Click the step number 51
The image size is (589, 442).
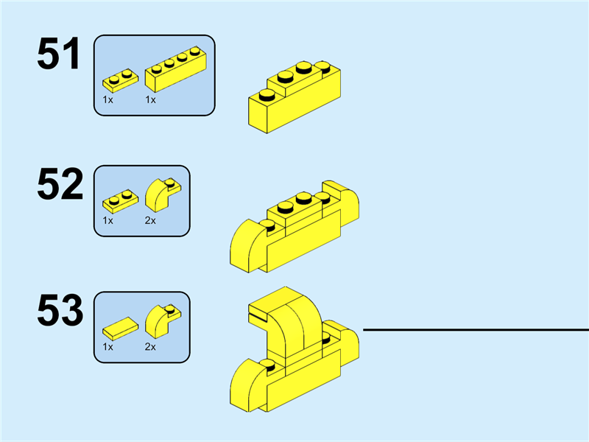pyautogui.click(x=59, y=55)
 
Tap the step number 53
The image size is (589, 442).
pyautogui.click(x=59, y=312)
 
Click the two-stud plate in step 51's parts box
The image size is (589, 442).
pyautogui.click(x=121, y=78)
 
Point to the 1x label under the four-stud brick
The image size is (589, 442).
pyautogui.click(x=151, y=99)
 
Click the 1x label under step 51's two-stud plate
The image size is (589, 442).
pyautogui.click(x=107, y=99)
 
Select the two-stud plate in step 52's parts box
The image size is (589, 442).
pyautogui.click(x=121, y=200)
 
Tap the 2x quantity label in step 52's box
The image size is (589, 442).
pyautogui.click(x=151, y=220)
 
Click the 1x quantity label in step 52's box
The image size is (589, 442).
pyautogui.click(x=107, y=220)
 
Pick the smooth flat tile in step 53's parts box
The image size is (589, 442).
pyautogui.click(x=119, y=326)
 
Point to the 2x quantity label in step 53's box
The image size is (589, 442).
pyautogui.click(x=151, y=347)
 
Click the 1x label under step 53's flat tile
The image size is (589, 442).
pyautogui.click(x=107, y=347)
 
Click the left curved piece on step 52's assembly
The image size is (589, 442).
pyautogui.click(x=248, y=245)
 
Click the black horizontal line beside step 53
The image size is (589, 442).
pyautogui.click(x=476, y=329)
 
